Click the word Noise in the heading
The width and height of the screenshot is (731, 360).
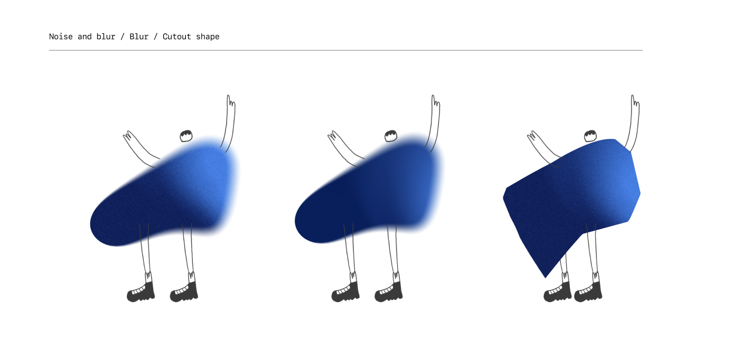pyautogui.click(x=61, y=36)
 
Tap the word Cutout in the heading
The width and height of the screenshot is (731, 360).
pyautogui.click(x=176, y=36)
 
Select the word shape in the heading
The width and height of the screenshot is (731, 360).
pyautogui.click(x=208, y=37)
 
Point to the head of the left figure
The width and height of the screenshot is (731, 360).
pyautogui.click(x=186, y=136)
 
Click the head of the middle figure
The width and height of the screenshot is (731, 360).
pyautogui.click(x=391, y=136)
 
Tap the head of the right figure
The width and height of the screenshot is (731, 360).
pyautogui.click(x=590, y=136)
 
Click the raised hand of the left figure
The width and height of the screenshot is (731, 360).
pyautogui.click(x=231, y=102)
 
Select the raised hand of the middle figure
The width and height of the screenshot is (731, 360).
pyautogui.click(x=435, y=102)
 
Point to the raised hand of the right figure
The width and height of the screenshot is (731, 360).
pyautogui.click(x=635, y=102)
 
